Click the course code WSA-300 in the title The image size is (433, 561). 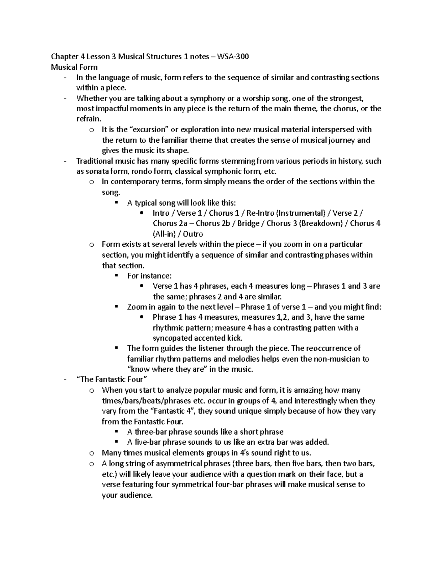232,56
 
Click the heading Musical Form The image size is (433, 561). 74,67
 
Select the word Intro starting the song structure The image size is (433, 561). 161,213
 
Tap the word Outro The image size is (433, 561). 193,234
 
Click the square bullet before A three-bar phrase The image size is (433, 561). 116,431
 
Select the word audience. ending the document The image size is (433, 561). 127,495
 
